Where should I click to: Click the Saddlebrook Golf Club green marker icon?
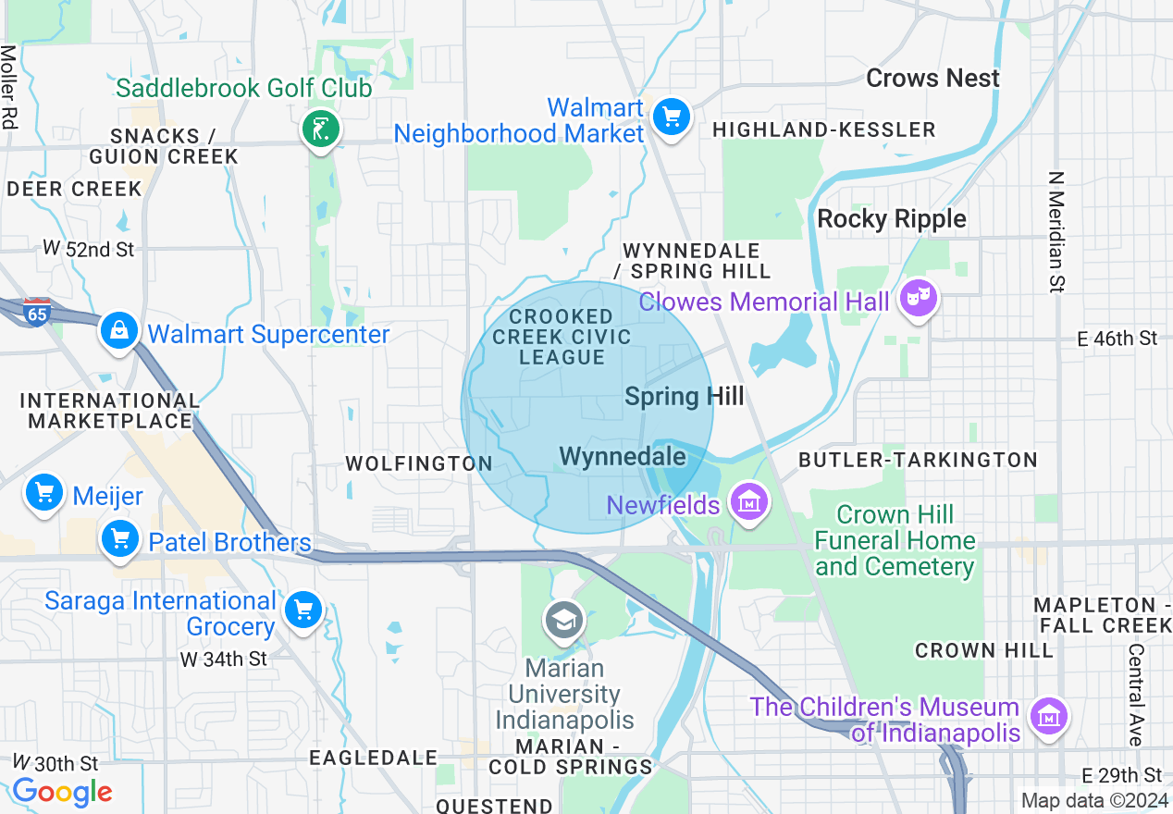tap(321, 129)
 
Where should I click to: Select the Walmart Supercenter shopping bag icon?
tap(119, 331)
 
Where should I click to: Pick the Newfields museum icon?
tap(748, 502)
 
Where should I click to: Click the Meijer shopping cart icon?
tap(44, 493)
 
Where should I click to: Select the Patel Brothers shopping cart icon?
tap(119, 538)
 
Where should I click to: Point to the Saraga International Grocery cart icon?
tap(303, 610)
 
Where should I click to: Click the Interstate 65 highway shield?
tap(37, 311)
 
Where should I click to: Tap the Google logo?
tap(62, 792)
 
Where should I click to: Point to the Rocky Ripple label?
tap(892, 219)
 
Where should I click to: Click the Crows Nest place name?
tap(932, 79)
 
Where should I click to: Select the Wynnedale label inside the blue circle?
tap(623, 456)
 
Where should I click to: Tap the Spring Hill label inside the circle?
tap(684, 397)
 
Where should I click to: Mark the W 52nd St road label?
tap(89, 249)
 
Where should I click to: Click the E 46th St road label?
tap(1117, 339)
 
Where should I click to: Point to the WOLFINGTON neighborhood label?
tap(418, 463)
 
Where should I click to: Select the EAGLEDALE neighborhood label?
tap(373, 758)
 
